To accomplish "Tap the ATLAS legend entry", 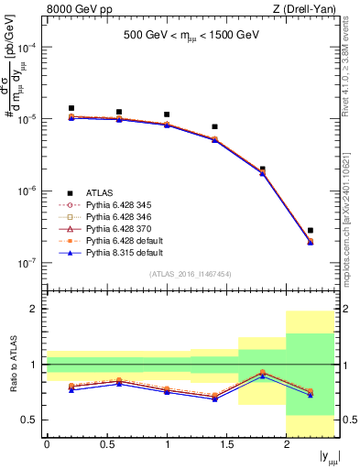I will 102,191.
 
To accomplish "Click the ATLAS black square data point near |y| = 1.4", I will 214,126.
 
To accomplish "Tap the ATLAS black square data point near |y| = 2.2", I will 311,231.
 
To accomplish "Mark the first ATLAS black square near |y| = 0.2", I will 71,108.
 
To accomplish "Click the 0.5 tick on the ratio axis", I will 32,420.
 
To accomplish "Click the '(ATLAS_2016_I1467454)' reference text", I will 190,274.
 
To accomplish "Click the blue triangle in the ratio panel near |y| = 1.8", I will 262,376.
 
